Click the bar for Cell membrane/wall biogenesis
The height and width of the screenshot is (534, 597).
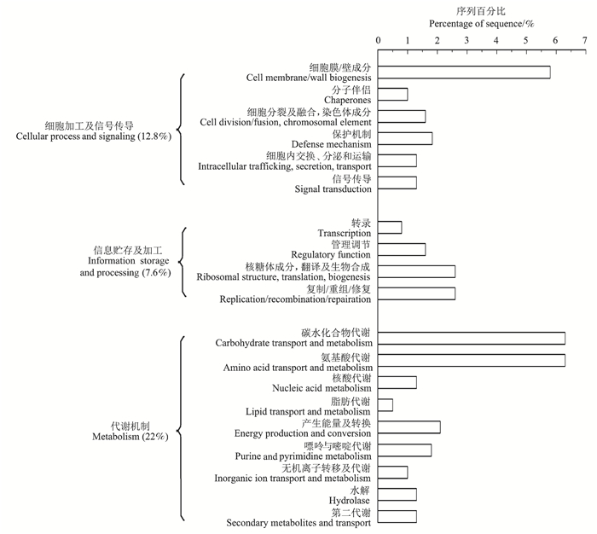coord(464,72)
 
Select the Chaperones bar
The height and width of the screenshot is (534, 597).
coord(392,94)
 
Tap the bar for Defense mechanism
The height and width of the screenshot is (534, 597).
coord(405,138)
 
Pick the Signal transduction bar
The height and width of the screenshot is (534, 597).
coord(397,183)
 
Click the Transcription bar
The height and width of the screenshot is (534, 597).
coord(390,227)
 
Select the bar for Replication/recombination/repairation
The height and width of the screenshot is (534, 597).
coord(416,293)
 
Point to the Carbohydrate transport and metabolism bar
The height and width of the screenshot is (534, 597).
coord(472,338)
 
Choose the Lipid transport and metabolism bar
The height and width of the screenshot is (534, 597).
coord(385,404)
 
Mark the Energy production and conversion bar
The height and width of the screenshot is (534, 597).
coord(409,427)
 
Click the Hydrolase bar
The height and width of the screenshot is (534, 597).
coord(397,494)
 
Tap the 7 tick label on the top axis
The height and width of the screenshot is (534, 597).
coord(584,40)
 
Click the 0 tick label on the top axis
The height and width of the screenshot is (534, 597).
coord(378,40)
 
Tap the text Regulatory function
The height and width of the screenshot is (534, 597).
coord(331,255)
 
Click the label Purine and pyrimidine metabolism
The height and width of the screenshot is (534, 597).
coord(305,456)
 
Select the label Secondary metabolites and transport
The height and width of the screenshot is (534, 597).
coord(298,523)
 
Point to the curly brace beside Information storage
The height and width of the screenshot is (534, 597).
coord(183,261)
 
